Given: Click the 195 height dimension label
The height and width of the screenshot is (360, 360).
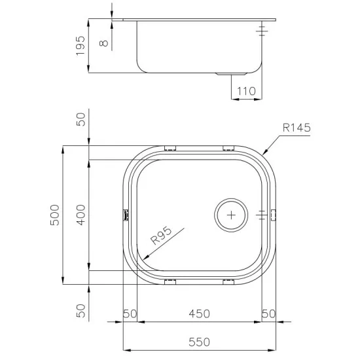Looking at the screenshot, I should tap(81, 45).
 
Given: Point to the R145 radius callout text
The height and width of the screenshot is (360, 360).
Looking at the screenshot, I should tap(296, 130).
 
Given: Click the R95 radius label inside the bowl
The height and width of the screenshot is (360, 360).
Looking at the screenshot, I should tap(160, 236).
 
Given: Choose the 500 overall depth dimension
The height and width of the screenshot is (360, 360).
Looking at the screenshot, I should tap(55, 215).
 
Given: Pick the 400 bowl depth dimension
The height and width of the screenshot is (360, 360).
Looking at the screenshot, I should tap(81, 214).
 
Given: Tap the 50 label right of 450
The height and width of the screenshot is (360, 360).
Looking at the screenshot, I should tap(268, 314).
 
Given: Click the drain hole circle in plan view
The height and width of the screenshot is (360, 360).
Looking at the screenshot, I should tap(231, 213).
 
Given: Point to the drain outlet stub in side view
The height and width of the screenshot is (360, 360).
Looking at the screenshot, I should tap(230, 74).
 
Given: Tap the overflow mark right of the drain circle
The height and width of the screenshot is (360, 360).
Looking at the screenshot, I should tap(261, 213).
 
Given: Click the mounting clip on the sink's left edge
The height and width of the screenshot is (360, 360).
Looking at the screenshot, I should tap(124, 213).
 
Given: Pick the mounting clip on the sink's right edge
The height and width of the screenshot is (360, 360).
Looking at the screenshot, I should tap(274, 213).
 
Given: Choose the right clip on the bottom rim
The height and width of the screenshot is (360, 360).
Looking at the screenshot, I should tap(228, 281).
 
